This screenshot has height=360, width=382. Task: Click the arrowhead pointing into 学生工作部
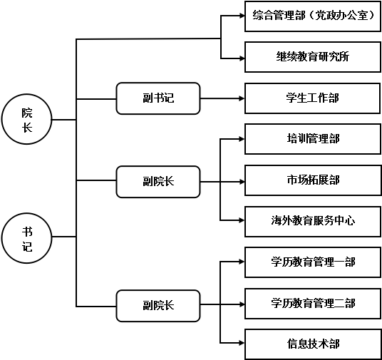point(242,98)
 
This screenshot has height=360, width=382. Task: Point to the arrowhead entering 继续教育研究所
point(242,58)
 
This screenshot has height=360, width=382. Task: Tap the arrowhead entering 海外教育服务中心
point(242,220)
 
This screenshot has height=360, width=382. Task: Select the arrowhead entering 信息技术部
point(242,343)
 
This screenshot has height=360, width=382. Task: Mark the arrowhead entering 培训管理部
point(242,139)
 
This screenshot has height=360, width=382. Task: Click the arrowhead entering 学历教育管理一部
point(242,262)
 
